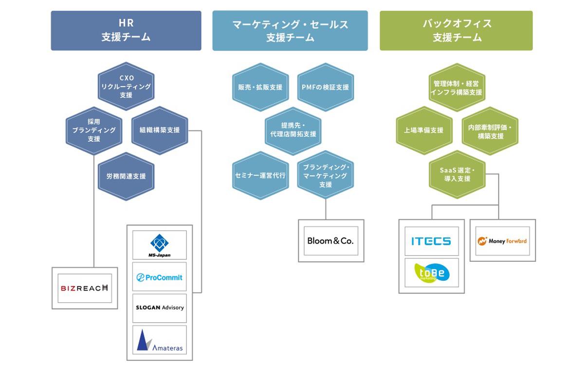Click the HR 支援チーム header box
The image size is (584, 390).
pos(126,30)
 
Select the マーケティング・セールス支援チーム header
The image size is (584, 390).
pos(290,30)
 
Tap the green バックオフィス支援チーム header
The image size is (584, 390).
pos(456,30)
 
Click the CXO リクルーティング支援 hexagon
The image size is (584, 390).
pos(126,86)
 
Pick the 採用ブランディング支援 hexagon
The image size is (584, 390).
pos(94,130)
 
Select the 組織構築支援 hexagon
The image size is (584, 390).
pos(160,130)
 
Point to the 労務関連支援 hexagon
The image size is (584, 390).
pos(126,176)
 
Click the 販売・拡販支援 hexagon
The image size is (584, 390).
pos(260,87)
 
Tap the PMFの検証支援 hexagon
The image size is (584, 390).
pos(325,87)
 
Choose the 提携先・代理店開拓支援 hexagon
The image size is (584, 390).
pos(292,130)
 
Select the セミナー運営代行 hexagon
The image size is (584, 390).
pos(260,175)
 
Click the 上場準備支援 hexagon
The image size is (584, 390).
pos(424,131)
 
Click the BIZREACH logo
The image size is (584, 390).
pos(85,288)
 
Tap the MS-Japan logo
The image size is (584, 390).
pos(159,245)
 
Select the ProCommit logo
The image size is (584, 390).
pos(159,277)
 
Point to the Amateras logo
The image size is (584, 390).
pos(159,340)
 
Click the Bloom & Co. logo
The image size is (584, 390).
pos(331,241)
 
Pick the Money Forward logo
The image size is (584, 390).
pos(502,241)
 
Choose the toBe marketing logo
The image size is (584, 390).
pos(431,273)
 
